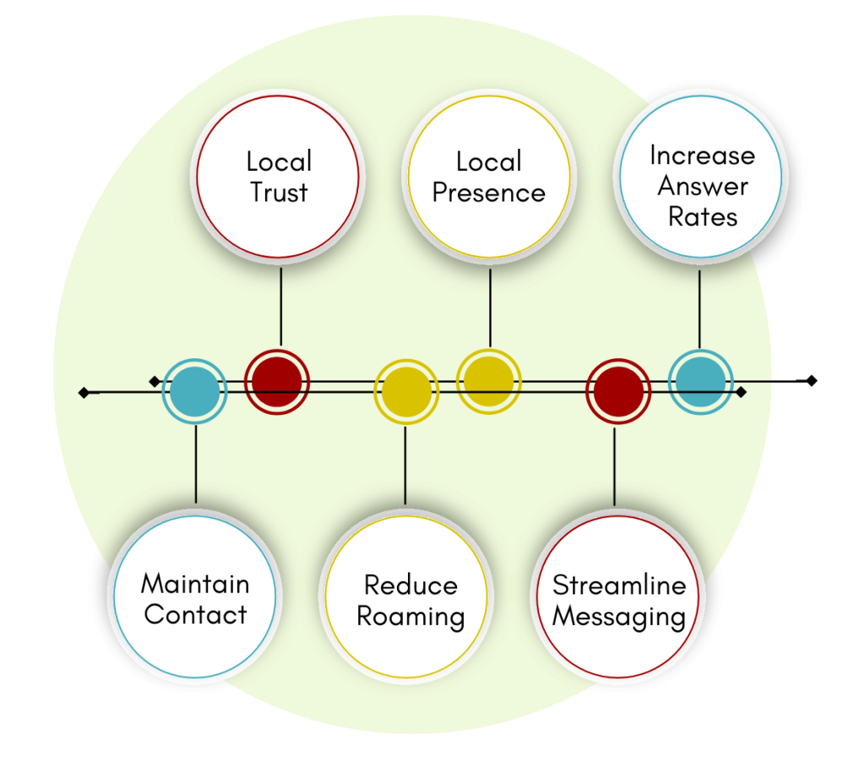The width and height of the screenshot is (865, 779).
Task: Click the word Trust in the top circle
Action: tap(279, 193)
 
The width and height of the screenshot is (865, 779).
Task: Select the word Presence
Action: tap(488, 193)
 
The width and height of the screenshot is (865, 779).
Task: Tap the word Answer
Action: tap(703, 186)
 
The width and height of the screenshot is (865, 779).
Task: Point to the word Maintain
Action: tap(195, 584)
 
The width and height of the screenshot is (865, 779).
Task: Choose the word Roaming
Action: tap(411, 616)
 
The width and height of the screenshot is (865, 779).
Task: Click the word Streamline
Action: tap(619, 585)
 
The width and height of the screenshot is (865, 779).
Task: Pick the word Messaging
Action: tap(619, 616)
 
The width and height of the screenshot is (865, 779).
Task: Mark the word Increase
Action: tap(703, 155)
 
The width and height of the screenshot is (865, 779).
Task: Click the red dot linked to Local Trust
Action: tap(277, 382)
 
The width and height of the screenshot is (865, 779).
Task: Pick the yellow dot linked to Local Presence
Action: tap(488, 380)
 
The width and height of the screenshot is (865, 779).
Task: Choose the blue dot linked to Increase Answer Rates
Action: tap(700, 382)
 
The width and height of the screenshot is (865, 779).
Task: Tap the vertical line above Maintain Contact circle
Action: tap(195, 465)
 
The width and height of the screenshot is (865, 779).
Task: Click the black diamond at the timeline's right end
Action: tap(741, 392)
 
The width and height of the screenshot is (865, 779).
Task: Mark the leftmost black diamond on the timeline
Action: tap(83, 392)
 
